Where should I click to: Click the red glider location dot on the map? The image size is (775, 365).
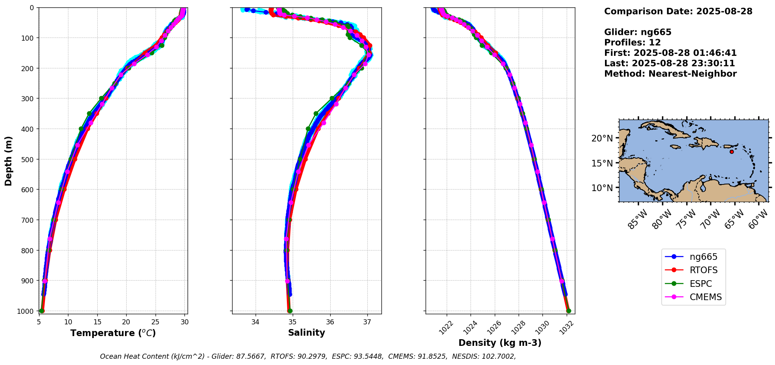732,152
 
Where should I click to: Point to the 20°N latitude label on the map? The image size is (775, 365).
602,138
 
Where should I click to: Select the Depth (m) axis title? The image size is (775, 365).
9,161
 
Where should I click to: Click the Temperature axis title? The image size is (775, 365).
113,333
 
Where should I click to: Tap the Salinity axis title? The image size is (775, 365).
306,333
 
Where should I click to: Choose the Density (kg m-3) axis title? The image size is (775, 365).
500,343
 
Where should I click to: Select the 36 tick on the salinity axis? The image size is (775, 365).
330,322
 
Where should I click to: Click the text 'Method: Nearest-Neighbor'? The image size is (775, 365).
670,74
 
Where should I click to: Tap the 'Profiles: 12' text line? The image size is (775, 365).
632,43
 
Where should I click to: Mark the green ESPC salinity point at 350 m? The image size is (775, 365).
316,114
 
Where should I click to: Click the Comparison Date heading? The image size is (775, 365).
678,11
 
